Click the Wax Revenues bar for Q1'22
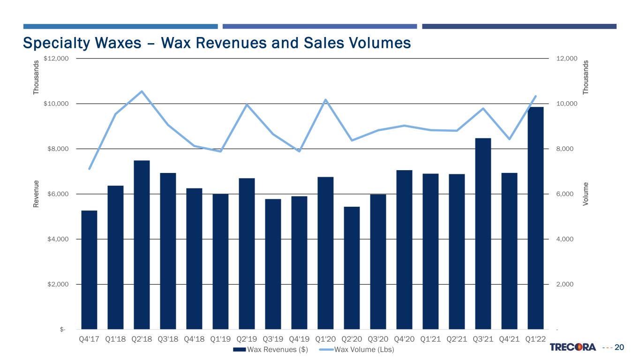click(x=535, y=218)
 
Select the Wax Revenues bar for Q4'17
click(x=89, y=270)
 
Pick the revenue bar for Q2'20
click(x=352, y=268)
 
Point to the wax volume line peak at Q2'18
click(x=142, y=91)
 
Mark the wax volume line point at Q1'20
click(x=325, y=99)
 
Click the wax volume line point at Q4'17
click(x=89, y=169)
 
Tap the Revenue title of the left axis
click(x=36, y=194)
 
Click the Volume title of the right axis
click(x=586, y=194)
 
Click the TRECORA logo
click(x=572, y=347)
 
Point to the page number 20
click(x=619, y=347)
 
